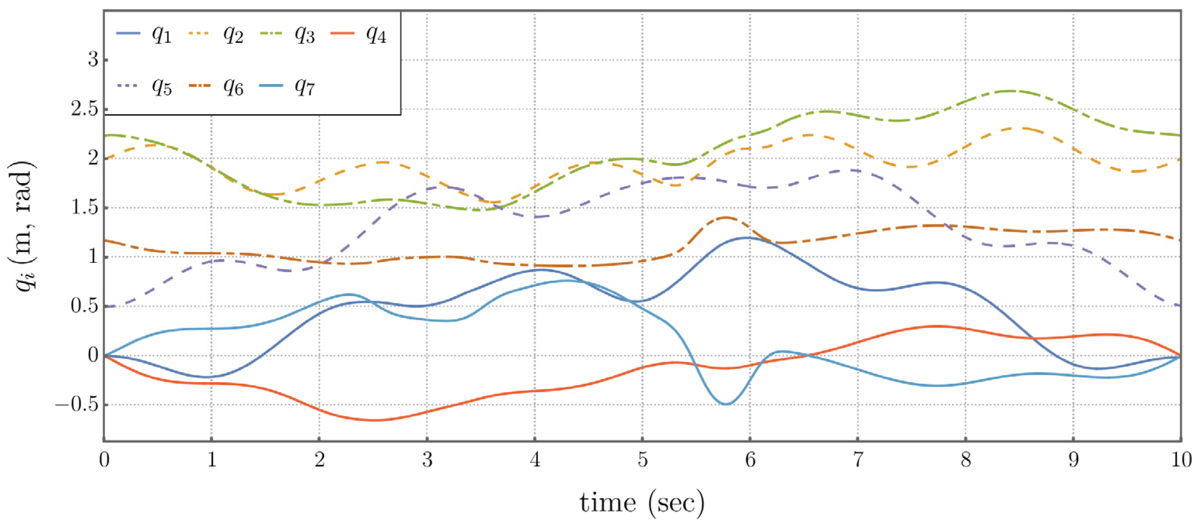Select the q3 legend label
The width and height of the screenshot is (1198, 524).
305,35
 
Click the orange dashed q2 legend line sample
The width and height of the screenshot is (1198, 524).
201,33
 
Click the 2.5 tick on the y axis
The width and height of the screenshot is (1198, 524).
86,110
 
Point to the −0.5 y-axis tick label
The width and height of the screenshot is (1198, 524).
77,405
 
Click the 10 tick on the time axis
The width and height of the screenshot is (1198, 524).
1181,460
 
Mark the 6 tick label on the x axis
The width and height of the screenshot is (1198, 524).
750,460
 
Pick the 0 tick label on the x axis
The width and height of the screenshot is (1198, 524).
104,460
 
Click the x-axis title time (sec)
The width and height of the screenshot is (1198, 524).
642,503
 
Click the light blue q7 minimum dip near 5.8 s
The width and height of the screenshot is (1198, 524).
725,404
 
